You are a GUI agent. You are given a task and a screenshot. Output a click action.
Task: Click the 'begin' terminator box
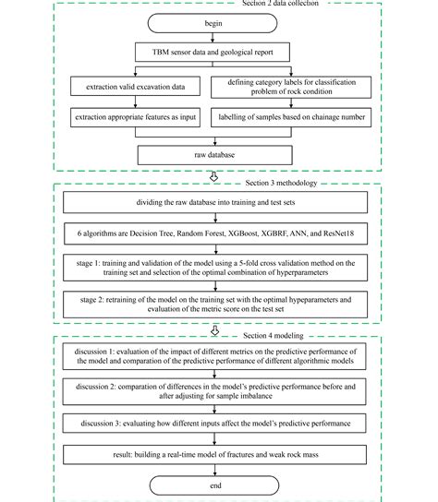pos(213,23)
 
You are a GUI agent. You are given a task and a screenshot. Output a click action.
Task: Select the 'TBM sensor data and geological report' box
pos(213,53)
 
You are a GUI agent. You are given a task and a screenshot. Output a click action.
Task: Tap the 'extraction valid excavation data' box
pos(135,86)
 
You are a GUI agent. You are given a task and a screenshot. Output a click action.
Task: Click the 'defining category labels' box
pos(291,87)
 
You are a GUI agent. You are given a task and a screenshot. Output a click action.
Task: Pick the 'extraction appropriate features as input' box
pos(135,117)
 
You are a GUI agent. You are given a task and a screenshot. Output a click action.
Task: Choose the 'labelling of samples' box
pos(291,117)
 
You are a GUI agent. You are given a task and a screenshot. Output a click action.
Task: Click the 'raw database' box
pos(214,155)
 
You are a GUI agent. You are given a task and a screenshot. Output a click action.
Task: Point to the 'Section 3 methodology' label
pos(281,183)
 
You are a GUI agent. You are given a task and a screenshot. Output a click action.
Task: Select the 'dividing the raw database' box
pos(215,202)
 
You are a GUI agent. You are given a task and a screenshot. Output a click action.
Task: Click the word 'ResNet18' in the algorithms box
pos(338,233)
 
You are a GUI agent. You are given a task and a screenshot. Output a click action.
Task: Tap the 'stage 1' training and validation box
pos(215,268)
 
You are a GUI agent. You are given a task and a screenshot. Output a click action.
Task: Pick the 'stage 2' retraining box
pos(215,305)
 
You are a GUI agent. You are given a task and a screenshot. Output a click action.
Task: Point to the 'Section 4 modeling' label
pos(274,336)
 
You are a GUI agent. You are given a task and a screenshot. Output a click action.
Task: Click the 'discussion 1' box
pos(214,356)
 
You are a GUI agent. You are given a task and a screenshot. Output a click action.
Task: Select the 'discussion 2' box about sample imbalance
pos(214,391)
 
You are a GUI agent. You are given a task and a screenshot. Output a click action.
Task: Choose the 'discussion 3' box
pos(214,424)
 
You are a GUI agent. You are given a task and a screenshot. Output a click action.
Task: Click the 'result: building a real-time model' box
pos(214,455)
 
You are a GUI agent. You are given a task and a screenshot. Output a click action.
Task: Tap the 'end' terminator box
pos(214,485)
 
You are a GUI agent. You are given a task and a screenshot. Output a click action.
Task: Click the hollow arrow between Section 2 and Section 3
pos(213,177)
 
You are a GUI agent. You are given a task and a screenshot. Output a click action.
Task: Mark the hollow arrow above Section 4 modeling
pos(214,330)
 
